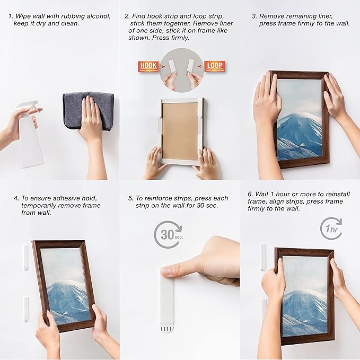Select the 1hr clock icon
pos(331,229)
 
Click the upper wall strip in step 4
pos(25,258)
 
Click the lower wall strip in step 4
pos(26,309)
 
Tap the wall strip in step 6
pos(264,258)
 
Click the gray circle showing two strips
pos(180,71)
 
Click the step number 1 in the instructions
pos(11,16)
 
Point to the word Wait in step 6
pos(262,194)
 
